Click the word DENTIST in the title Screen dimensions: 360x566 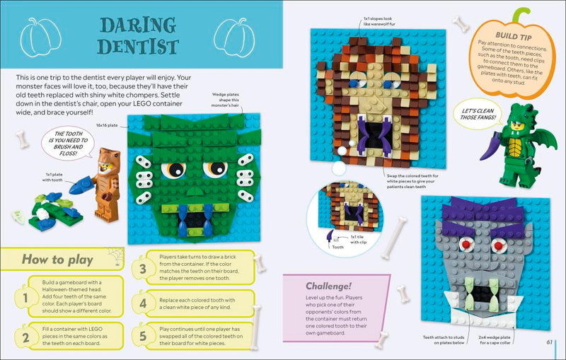[x=138, y=47]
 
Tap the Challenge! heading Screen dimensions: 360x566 [x=329, y=286]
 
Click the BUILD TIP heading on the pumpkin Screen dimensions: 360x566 [x=514, y=33]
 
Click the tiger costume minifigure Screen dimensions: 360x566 [x=106, y=184]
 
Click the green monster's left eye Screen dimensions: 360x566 [x=173, y=170]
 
